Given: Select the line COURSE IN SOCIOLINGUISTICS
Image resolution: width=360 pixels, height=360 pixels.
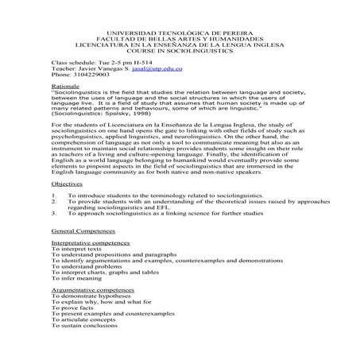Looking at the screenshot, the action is tap(180, 47).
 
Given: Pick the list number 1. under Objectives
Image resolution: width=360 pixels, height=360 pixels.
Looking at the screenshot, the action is tap(53, 195).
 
